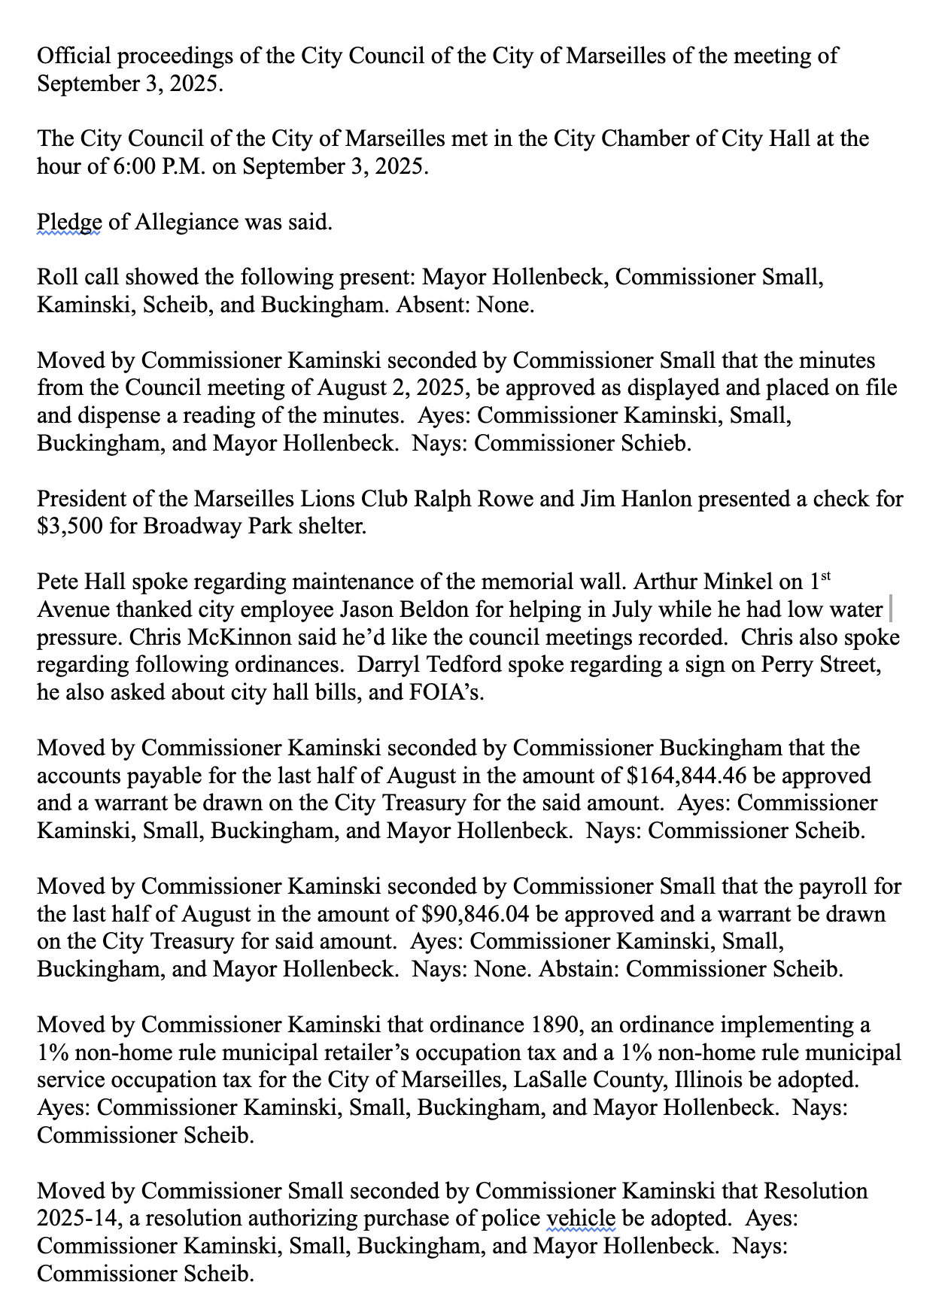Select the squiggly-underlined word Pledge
click(69, 223)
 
